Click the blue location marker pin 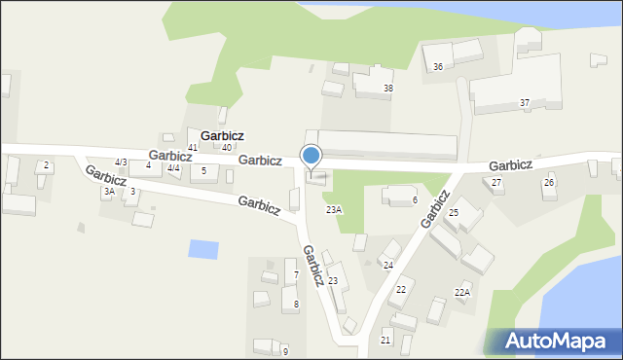tap(311, 157)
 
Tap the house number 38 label tap(388, 89)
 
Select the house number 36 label tap(438, 66)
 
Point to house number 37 tap(525, 103)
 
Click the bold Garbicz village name tap(222, 135)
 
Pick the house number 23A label tap(334, 210)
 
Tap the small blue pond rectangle tap(203, 248)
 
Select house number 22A tap(462, 292)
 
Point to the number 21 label tap(385, 340)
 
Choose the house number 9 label tap(285, 351)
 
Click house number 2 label tap(46, 166)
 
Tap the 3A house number tap(109, 192)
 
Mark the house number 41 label tap(193, 148)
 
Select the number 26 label tap(549, 183)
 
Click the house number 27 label tap(496, 183)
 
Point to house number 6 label tap(415, 200)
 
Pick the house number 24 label tap(387, 266)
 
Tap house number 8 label tap(296, 305)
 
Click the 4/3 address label tap(121, 162)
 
